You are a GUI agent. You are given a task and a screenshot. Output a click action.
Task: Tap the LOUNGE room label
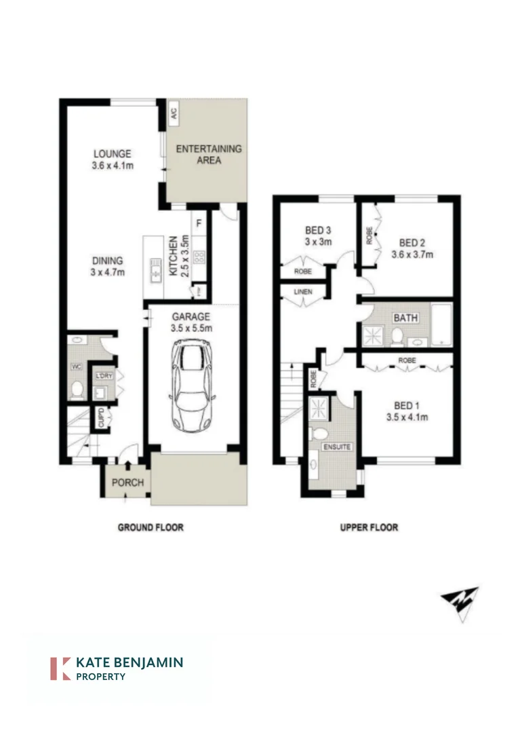(x=112, y=154)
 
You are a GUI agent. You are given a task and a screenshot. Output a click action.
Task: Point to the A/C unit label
(x=174, y=113)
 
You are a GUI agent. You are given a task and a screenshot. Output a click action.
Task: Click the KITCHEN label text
(x=174, y=255)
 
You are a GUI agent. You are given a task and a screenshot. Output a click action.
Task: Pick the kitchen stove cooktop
(x=200, y=257)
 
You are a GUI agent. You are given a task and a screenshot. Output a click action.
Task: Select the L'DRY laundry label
(x=104, y=377)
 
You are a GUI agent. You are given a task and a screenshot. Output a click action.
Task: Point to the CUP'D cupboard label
(x=102, y=415)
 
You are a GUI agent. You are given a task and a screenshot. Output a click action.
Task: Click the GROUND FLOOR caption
(x=151, y=527)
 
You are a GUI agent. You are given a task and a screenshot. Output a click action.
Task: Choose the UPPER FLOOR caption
(x=369, y=527)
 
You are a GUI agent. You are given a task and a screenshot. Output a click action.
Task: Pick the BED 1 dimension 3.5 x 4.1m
(x=407, y=417)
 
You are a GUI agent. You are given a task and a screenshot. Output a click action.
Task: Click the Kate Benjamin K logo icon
(x=61, y=668)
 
